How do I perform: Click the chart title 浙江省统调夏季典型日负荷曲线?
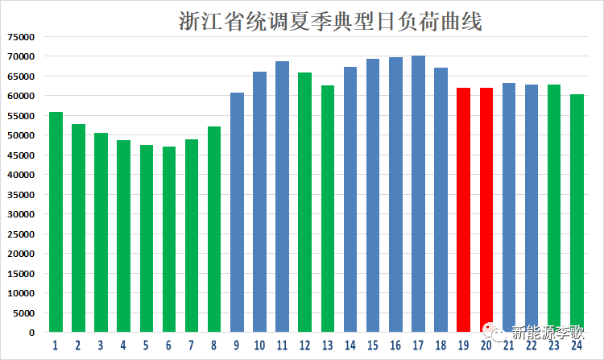330,21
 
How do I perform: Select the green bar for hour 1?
56,221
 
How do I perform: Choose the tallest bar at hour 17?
418,194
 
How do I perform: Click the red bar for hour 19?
463,210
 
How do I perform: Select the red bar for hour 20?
486,210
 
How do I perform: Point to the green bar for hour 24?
577,213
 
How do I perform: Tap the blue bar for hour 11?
282,197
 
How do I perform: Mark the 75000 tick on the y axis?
21,36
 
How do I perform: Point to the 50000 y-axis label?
21,135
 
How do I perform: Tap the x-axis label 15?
372,346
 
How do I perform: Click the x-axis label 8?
214,346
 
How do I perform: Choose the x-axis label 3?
101,346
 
